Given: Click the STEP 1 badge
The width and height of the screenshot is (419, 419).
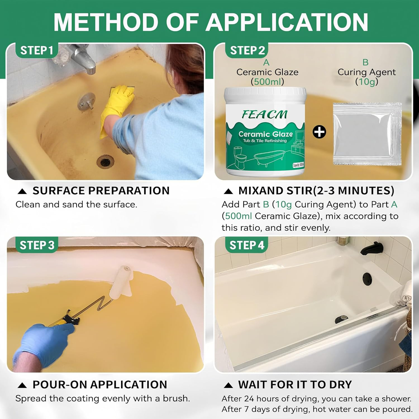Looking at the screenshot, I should (37, 51).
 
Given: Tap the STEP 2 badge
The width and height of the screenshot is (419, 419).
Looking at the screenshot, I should (247, 51).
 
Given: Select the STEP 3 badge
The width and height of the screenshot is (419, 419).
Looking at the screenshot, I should (37, 245).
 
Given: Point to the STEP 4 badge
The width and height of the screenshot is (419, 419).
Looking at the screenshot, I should (247, 245).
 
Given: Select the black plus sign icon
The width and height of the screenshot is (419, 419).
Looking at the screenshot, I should (319, 132).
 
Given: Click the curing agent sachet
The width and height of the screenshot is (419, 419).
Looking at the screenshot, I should (367, 134).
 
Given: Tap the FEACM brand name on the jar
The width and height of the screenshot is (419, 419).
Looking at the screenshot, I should (264, 114).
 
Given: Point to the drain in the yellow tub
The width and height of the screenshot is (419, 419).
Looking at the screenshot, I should (105, 161).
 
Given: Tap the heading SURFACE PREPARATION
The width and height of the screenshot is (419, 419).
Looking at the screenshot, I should (101, 191).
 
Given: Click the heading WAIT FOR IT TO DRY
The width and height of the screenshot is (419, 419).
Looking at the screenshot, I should (295, 385).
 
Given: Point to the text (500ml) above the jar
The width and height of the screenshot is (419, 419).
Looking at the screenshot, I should (267, 82).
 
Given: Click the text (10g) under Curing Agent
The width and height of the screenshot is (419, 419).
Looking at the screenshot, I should (366, 82).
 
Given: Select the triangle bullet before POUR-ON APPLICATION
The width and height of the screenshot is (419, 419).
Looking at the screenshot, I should (22, 385).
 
